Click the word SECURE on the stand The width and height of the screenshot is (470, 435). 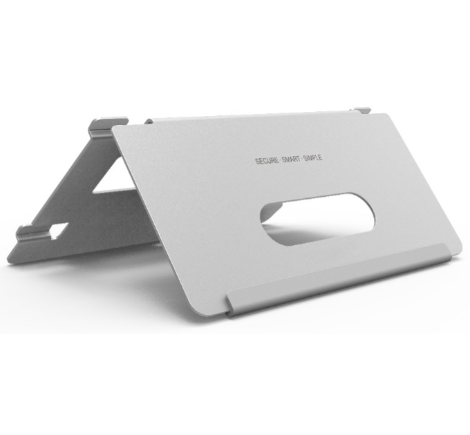[x=267, y=161]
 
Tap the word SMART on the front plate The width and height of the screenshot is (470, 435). [x=291, y=159]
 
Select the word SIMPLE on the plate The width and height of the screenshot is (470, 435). [x=313, y=157]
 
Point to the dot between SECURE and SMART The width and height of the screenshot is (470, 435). [x=280, y=160]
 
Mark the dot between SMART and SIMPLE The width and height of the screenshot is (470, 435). [x=301, y=159]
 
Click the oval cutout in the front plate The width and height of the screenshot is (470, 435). [x=318, y=220]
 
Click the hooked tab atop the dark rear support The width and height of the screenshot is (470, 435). [x=108, y=126]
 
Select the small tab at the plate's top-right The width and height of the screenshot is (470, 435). [x=361, y=110]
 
